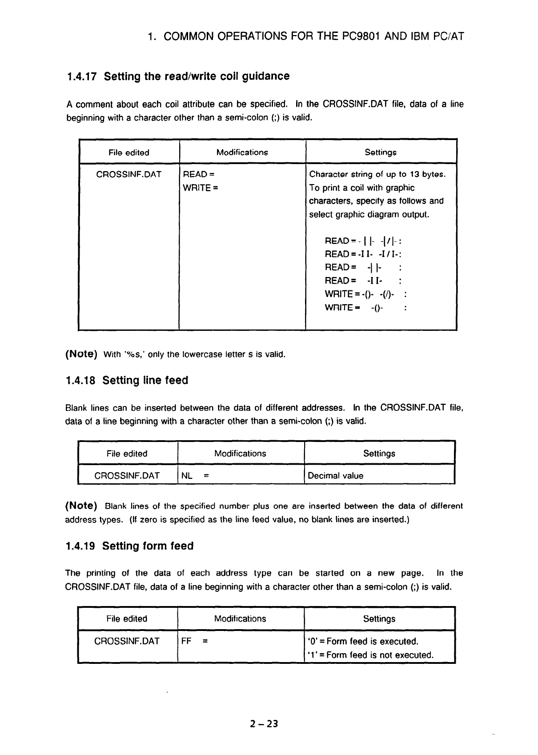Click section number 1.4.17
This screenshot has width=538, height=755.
point(81,76)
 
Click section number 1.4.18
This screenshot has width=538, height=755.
point(81,381)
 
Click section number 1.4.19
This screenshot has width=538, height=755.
point(81,546)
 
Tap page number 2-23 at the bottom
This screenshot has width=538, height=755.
point(264,723)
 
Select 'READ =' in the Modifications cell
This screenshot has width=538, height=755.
point(199,174)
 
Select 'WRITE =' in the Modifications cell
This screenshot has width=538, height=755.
point(200,188)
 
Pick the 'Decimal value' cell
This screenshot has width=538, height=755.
point(336,476)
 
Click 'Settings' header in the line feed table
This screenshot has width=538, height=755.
point(379,454)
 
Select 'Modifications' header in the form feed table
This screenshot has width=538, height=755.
point(240,618)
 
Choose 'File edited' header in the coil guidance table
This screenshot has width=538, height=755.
point(129,153)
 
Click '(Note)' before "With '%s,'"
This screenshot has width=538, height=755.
point(81,354)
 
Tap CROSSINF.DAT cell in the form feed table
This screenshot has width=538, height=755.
point(127,641)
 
